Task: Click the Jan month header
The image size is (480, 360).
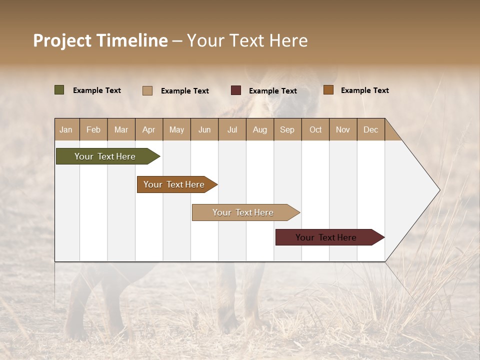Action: (66, 129)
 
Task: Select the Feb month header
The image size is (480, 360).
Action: (93, 129)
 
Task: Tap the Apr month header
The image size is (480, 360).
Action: (148, 129)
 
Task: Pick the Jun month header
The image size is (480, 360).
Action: (204, 129)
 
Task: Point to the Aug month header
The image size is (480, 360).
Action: (259, 129)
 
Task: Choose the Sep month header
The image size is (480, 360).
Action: (287, 129)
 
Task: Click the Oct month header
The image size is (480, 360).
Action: (315, 129)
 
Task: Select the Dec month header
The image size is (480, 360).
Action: (370, 129)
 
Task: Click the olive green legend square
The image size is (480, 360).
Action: (59, 90)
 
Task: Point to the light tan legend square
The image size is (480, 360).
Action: (147, 90)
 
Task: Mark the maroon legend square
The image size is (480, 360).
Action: (236, 90)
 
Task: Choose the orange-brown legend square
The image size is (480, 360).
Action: (328, 90)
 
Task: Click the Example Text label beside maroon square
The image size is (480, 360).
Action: (272, 91)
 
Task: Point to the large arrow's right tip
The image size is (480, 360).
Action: (439, 190)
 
